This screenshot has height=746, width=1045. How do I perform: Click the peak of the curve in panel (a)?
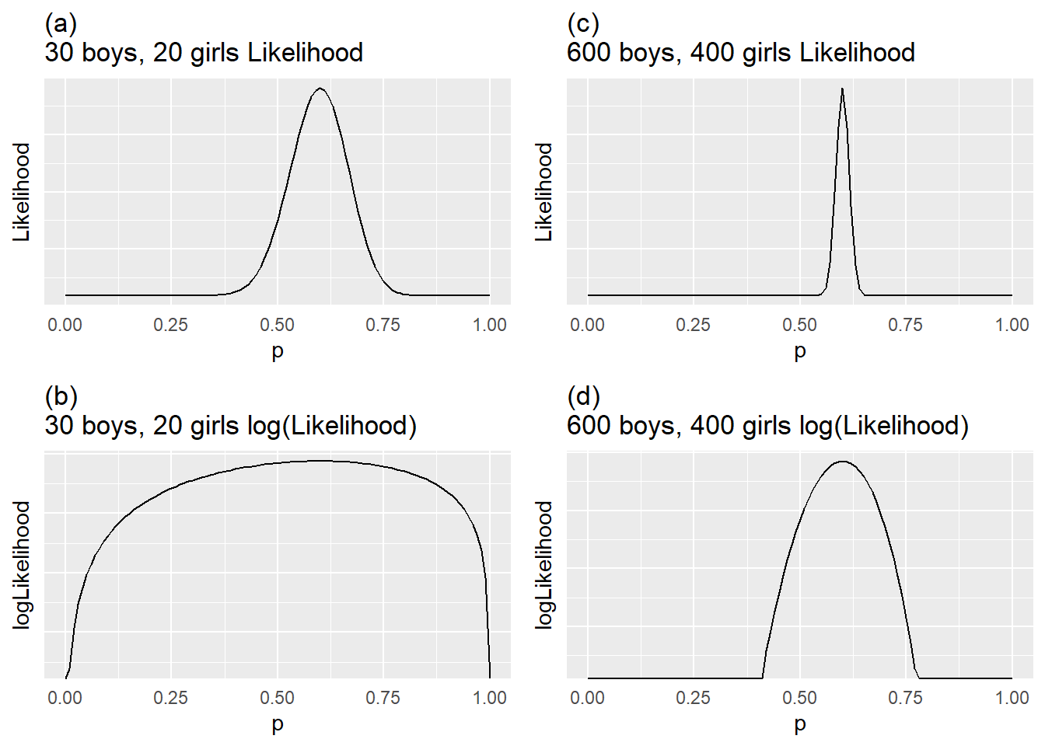click(x=320, y=89)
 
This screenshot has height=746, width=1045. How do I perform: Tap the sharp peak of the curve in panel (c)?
click(x=842, y=89)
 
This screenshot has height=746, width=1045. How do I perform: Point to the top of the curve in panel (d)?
click(x=843, y=462)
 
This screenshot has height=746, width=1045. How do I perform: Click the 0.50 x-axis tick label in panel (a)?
click(x=277, y=325)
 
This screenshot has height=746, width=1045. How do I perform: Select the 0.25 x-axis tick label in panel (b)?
click(x=170, y=698)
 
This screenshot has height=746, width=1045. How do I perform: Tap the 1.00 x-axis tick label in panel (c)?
click(x=1012, y=325)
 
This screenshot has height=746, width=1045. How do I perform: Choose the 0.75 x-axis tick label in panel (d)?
click(x=906, y=698)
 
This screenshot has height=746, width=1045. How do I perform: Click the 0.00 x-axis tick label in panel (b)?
click(x=65, y=698)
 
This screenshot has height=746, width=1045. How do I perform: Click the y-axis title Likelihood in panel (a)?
click(x=22, y=192)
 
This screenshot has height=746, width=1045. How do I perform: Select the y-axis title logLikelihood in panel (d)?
click(x=544, y=564)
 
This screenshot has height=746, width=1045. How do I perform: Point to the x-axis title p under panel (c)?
click(x=800, y=351)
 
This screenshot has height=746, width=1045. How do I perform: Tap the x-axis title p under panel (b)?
click(x=278, y=724)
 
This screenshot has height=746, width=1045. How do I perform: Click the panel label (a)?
click(x=61, y=24)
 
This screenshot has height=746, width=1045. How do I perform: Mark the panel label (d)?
click(x=583, y=397)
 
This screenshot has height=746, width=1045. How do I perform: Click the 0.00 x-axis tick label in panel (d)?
click(x=587, y=698)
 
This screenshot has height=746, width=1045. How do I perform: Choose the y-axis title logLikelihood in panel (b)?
click(x=22, y=564)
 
